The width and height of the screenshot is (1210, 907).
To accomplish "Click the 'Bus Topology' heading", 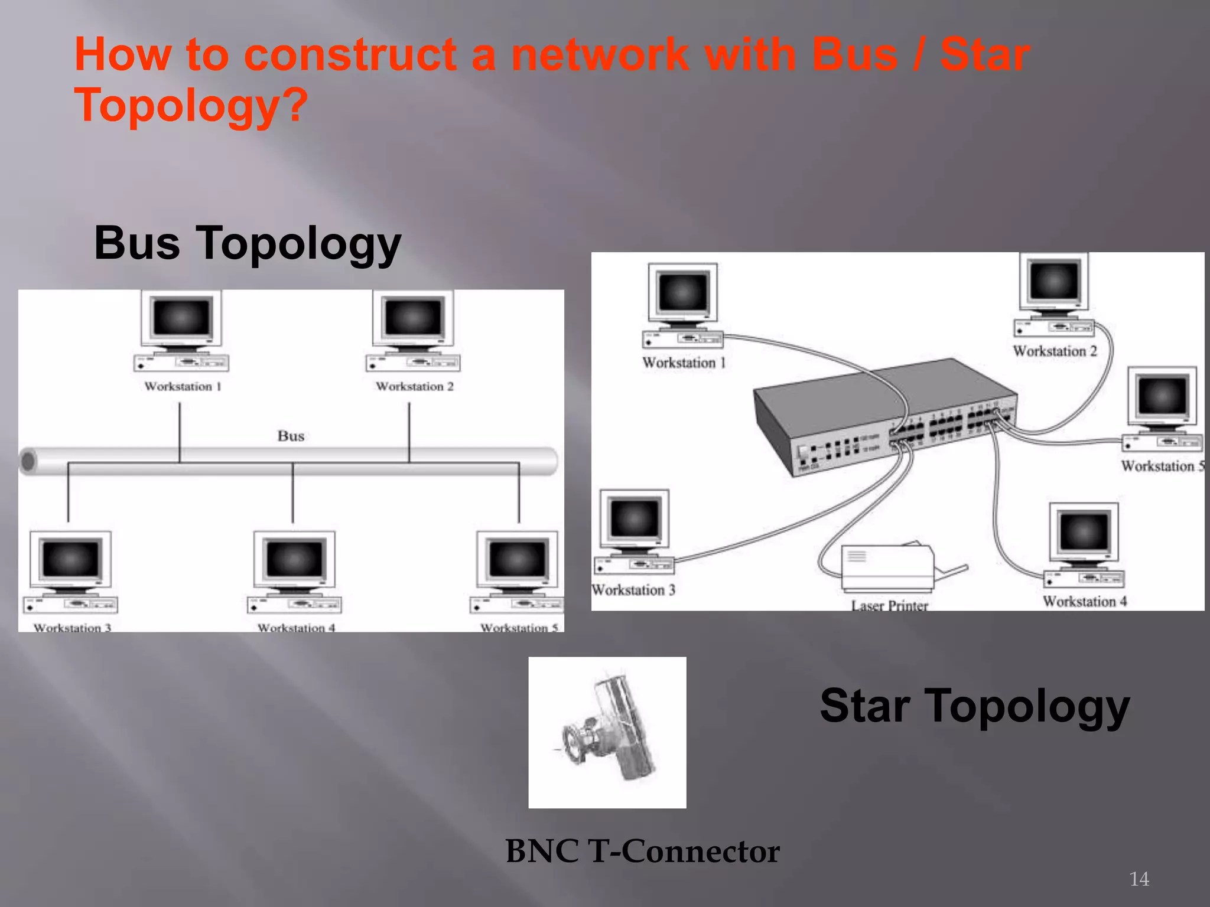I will coord(248,243).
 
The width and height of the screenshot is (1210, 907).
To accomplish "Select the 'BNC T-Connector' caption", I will coord(642,851).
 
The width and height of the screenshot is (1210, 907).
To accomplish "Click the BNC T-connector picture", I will coord(607,732).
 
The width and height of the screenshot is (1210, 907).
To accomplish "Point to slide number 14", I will coord(1139,879).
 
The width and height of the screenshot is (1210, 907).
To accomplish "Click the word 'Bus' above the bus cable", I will coord(291,436).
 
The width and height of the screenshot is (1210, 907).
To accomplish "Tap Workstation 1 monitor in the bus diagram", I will coord(181,319).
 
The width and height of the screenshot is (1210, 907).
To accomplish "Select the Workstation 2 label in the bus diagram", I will coord(415,387).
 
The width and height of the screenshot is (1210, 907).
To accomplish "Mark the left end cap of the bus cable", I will coord(28,461).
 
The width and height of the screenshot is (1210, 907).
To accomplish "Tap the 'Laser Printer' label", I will coord(889,605).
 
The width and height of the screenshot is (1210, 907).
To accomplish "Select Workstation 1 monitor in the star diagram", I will coord(683,292).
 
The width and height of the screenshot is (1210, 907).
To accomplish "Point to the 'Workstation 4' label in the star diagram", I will coord(1085,602).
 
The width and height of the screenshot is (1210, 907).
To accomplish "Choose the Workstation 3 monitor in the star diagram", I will coord(635,518).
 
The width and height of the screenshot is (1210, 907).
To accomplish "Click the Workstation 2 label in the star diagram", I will coord(1055,351).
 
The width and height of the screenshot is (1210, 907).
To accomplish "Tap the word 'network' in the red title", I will coord(600,54).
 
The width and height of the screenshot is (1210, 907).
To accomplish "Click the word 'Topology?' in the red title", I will coord(191,105).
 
